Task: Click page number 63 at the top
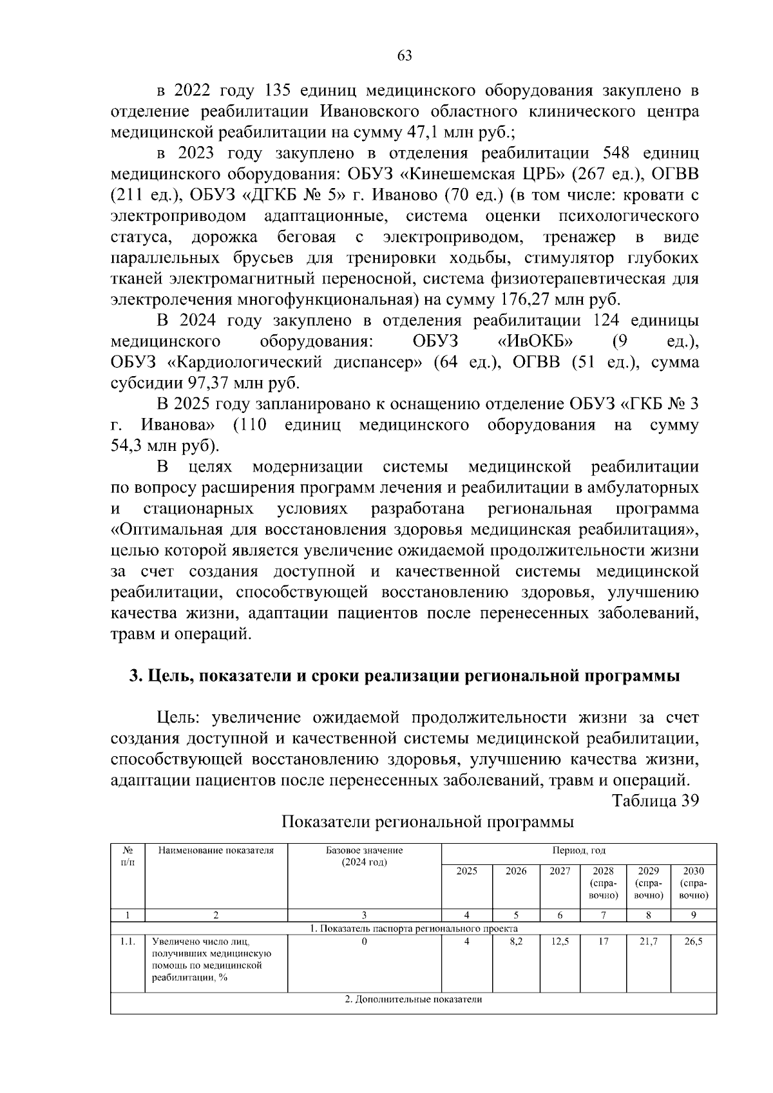405,56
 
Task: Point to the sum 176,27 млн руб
558,299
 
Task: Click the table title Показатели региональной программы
428,822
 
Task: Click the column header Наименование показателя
216,850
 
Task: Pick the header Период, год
578,850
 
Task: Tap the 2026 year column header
516,871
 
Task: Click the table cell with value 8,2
516,942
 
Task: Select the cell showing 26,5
694,942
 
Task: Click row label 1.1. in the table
128,942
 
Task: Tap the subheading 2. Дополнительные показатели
413,1000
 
